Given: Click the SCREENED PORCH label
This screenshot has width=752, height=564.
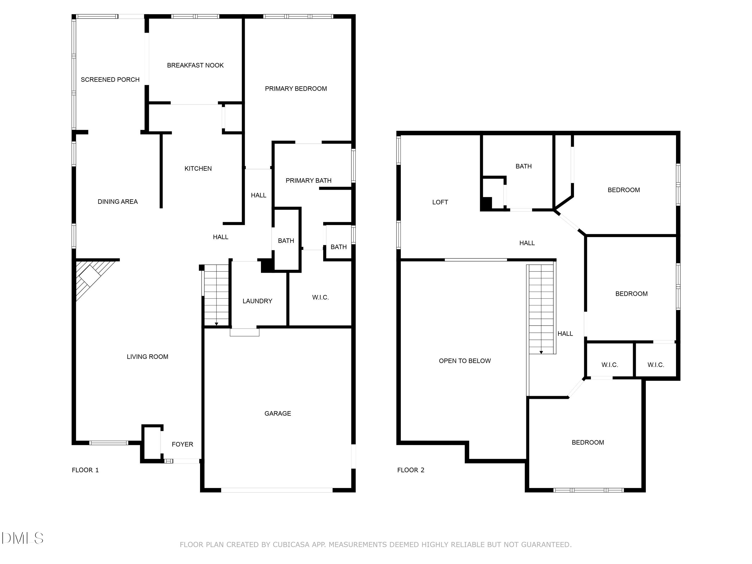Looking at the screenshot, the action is [x=110, y=79].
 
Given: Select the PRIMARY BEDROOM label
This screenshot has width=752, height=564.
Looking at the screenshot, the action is [x=296, y=89].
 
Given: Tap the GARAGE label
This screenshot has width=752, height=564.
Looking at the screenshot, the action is [x=278, y=413].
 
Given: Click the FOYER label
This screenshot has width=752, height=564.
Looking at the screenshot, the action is [x=182, y=444].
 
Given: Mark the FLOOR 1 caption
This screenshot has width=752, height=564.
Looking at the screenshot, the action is [x=85, y=470].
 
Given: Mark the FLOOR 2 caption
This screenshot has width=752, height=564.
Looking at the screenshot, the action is [x=411, y=470].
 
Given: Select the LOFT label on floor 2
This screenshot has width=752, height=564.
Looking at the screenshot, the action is [x=440, y=202].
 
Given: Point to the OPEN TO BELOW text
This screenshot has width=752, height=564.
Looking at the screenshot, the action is [x=465, y=361].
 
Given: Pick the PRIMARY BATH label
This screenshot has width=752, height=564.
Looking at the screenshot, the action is [x=308, y=180].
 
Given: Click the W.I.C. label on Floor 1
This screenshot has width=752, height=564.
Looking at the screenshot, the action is [x=320, y=298].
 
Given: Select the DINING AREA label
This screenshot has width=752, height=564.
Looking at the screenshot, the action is [x=118, y=202].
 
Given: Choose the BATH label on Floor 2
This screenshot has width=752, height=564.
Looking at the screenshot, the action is [x=524, y=166].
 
